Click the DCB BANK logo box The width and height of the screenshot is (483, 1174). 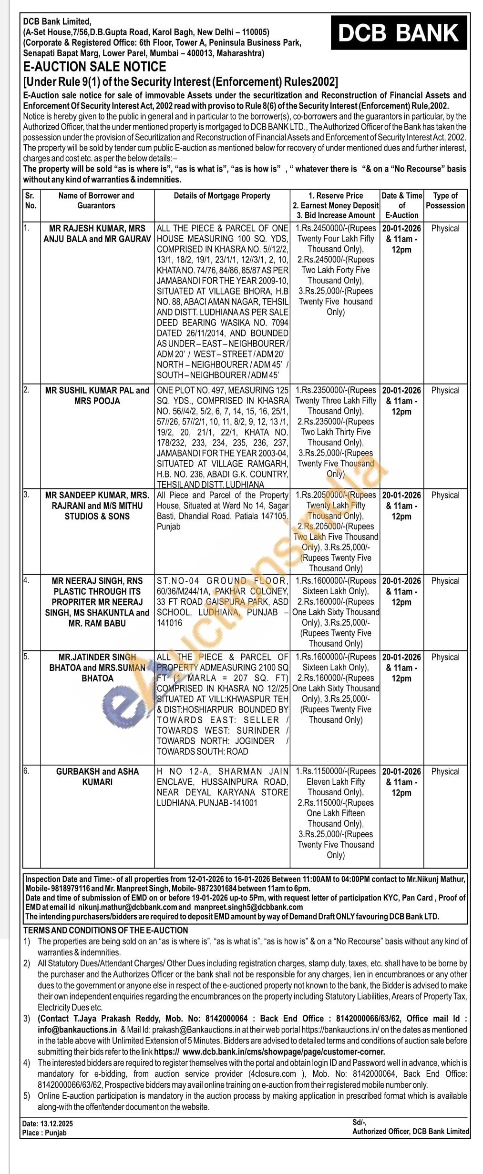point(399,33)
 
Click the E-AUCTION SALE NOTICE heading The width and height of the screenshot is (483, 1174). point(94,67)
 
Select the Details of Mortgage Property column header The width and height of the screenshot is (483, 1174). point(222,196)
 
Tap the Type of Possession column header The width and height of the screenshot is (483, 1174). point(445,201)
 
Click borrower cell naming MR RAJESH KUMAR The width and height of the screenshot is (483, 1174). point(97,233)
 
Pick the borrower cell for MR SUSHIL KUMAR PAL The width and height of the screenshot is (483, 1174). point(97,395)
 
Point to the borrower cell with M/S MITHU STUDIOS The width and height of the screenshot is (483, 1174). point(97,506)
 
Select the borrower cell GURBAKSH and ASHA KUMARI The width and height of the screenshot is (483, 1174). point(97,777)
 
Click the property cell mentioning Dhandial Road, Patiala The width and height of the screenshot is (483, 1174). point(222,511)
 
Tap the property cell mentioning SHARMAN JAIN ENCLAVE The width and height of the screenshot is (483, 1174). point(222,787)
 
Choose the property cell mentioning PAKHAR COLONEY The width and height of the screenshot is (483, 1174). point(222,601)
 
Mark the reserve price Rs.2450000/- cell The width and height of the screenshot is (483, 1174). point(336,270)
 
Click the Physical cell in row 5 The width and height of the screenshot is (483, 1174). point(445,657)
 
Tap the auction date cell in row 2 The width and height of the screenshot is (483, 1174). point(401,401)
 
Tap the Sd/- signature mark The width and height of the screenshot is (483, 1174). point(359,1123)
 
